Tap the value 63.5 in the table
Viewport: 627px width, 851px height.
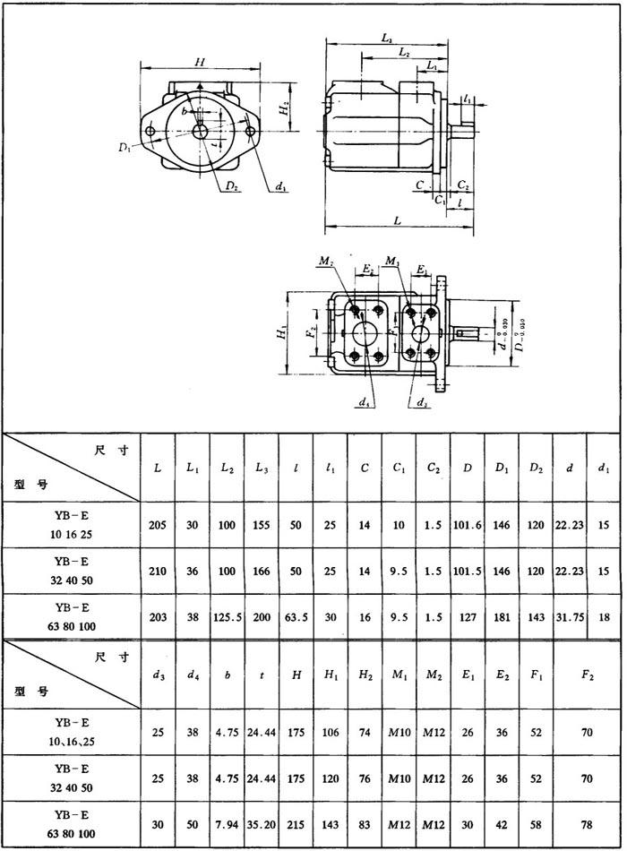296,618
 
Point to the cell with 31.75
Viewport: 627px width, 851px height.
570,618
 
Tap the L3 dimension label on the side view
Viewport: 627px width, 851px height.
386,39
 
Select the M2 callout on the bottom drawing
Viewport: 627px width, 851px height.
325,261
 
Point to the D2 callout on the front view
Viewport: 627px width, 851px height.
231,186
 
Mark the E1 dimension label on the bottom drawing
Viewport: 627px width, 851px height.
423,268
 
